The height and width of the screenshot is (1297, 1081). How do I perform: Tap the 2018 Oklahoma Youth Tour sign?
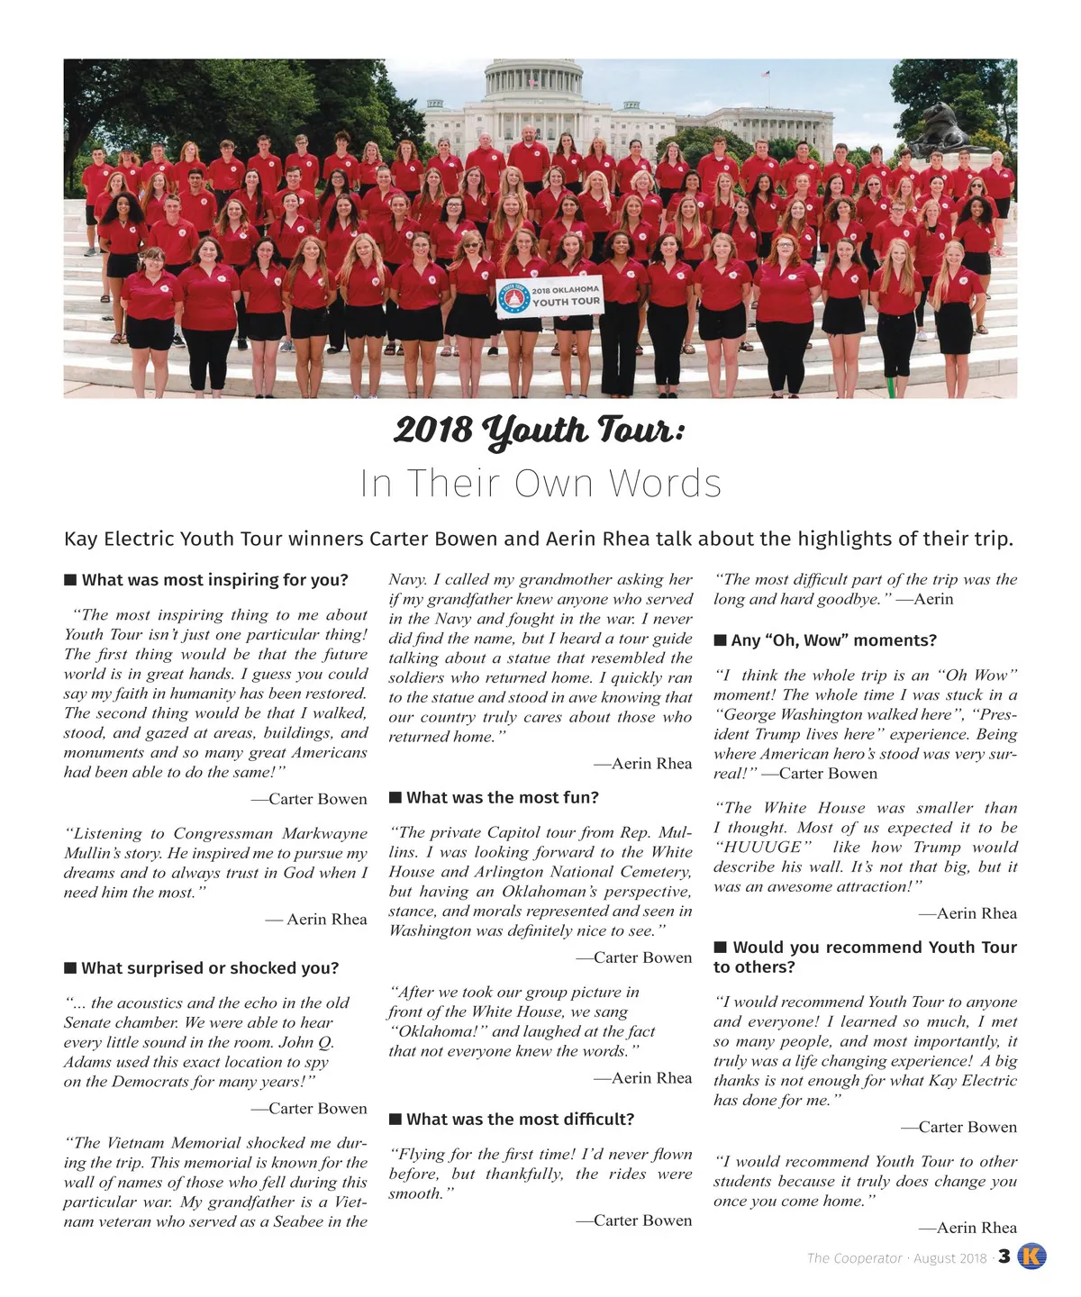point(550,296)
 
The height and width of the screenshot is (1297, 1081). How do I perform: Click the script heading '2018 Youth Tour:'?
point(539,431)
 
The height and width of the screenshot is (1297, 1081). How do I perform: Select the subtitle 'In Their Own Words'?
point(540,484)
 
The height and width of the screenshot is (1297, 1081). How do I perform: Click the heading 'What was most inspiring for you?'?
point(214,580)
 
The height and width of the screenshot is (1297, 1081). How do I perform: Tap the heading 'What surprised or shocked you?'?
point(210,968)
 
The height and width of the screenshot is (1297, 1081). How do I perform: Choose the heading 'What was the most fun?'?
point(502,798)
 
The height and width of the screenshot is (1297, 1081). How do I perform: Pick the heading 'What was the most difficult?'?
point(520,1120)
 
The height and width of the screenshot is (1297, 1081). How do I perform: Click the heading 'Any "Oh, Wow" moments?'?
point(833,640)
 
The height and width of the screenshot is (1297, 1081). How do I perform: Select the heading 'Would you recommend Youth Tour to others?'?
point(865,957)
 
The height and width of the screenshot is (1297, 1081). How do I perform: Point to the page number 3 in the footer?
point(1004,1257)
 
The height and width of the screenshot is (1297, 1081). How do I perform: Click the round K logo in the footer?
point(1031,1257)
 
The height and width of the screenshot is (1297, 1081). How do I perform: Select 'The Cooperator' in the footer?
point(854,1258)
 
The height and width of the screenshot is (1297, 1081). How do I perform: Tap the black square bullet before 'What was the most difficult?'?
point(395,1120)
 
